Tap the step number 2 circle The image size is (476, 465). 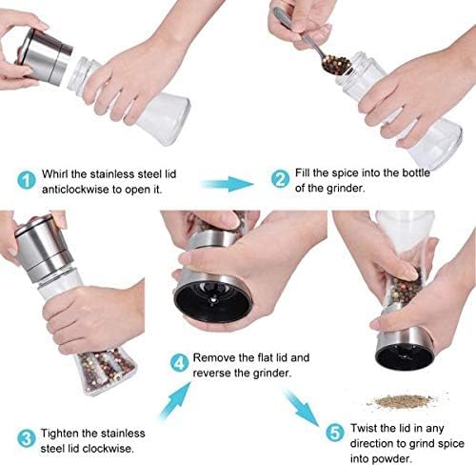pos(280,178)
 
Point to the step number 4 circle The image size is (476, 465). pos(180,362)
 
